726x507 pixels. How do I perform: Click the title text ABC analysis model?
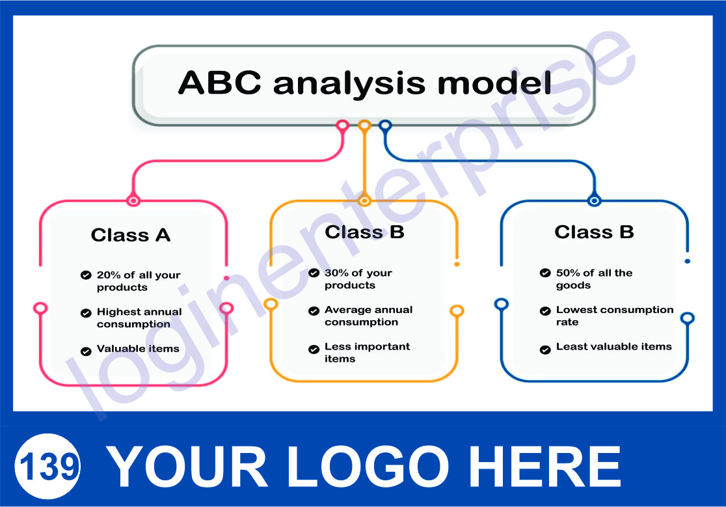tap(365, 83)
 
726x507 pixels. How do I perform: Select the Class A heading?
tap(131, 235)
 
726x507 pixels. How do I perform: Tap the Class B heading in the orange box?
tap(364, 232)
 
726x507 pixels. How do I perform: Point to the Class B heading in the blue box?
tap(594, 232)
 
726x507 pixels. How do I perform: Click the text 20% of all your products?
tap(139, 281)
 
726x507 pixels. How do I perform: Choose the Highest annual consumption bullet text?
tap(139, 318)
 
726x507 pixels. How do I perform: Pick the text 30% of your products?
tap(358, 279)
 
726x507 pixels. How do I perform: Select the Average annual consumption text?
tap(368, 316)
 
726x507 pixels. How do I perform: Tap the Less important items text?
tap(367, 352)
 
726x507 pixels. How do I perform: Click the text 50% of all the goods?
tap(594, 279)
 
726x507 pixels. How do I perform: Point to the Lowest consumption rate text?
tap(614, 316)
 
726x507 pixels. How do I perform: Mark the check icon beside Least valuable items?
tap(545, 349)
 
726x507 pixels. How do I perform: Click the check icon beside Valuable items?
tap(86, 351)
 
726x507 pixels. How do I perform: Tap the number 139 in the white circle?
tap(48, 467)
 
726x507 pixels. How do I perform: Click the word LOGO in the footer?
tap(368, 466)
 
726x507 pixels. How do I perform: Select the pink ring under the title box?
tap(343, 126)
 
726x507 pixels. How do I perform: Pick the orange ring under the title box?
tap(364, 126)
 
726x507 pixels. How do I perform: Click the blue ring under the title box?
tap(385, 126)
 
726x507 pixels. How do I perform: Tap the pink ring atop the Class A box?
tap(133, 201)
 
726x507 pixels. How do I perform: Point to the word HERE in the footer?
tap(548, 466)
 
